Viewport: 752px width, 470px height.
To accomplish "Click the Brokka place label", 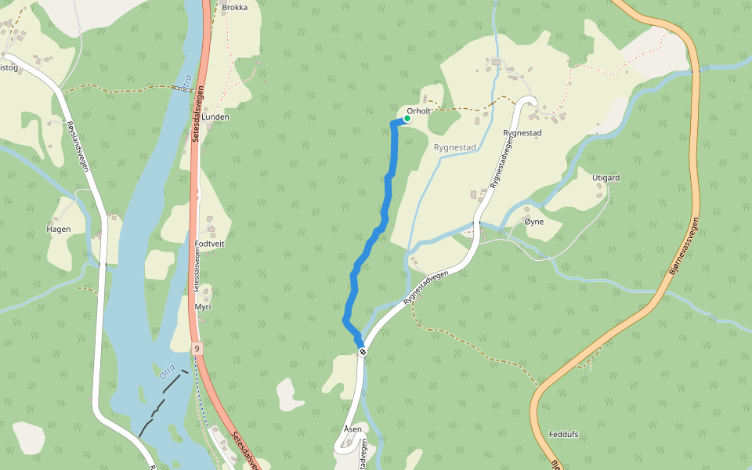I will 235,8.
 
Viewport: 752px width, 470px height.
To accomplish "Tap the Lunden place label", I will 215,117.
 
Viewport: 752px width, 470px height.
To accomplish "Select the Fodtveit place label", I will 209,244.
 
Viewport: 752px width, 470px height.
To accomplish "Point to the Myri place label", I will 203,307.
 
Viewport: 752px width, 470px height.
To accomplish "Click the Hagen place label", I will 59,230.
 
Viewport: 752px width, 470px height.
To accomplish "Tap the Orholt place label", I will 419,111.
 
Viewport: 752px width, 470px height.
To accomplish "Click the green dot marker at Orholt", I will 407,118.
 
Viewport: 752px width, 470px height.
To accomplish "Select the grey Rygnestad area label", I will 454,146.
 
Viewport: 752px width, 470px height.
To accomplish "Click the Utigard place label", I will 606,178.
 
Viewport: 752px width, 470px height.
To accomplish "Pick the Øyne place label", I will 533,222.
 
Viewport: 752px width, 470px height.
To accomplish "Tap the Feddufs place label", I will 563,434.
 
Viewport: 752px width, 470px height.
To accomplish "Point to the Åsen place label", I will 352,429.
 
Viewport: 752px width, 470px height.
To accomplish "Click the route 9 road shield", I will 195,348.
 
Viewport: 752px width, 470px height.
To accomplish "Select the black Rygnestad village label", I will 522,133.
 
